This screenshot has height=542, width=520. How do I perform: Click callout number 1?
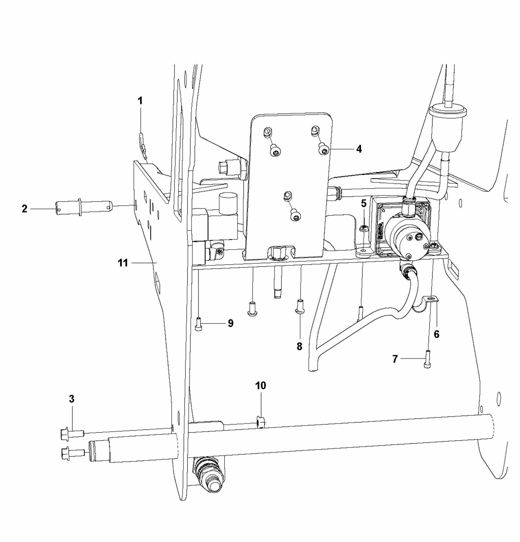click(140, 101)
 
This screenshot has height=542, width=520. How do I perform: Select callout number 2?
click(24, 208)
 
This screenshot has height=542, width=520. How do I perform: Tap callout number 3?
click(72, 398)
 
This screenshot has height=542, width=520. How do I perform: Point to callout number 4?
click(359, 149)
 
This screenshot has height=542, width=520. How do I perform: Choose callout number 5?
click(363, 203)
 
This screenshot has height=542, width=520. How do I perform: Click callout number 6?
click(436, 334)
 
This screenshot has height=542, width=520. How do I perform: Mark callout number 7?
click(395, 359)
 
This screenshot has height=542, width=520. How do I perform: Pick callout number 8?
click(299, 346)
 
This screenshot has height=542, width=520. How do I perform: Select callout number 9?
click(231, 323)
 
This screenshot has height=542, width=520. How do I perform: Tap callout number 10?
click(261, 386)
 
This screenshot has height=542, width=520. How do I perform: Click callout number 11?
click(123, 263)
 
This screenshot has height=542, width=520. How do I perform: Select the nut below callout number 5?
click(363, 228)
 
